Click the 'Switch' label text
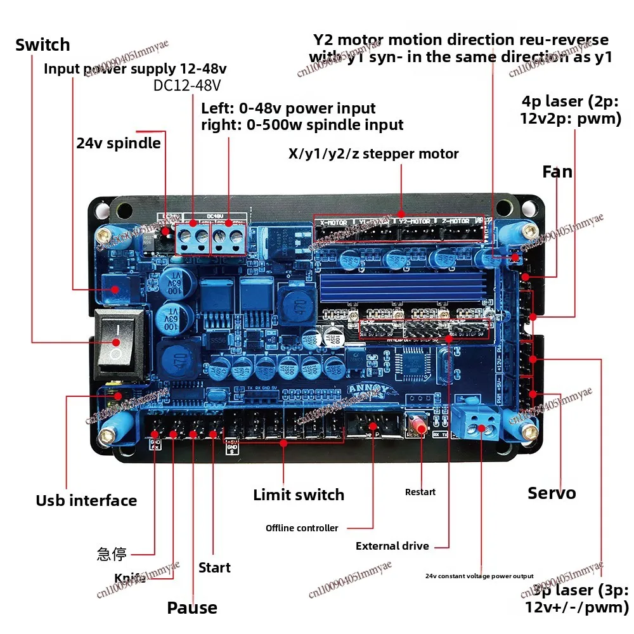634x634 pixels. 42,45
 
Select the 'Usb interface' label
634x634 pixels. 86,501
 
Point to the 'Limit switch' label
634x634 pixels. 299,495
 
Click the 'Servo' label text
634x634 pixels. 552,493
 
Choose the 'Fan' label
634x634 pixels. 557,172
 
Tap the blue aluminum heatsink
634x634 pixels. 405,288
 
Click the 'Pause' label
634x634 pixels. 192,608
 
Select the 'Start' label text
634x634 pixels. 214,567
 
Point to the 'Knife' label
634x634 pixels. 130,578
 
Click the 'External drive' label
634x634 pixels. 392,546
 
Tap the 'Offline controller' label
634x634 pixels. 302,528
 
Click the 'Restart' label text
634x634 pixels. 420,492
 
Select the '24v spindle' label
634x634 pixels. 119,143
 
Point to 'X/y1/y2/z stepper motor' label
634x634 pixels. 373,153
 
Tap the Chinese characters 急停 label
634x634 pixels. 112,555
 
